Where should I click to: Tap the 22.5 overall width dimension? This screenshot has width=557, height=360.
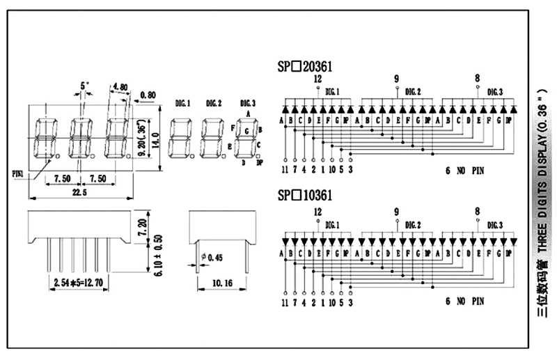click(x=77, y=193)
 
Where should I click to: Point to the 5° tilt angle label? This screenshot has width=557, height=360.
click(x=85, y=86)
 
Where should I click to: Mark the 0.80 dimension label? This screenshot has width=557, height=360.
click(x=148, y=95)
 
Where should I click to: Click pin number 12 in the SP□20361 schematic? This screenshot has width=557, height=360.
click(x=317, y=79)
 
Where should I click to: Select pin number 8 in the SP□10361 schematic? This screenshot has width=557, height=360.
click(x=477, y=211)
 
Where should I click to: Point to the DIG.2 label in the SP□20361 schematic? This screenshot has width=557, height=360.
click(x=413, y=91)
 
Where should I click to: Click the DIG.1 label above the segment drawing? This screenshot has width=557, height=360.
click(x=183, y=104)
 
